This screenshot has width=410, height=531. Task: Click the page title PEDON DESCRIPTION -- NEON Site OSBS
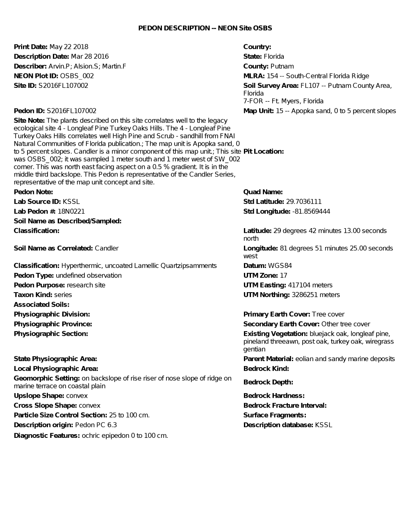tap(205, 28)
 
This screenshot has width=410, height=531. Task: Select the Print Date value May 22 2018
tap(68, 47)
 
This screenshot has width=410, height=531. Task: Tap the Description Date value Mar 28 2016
tap(90, 57)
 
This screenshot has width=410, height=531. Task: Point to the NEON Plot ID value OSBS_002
tap(77, 76)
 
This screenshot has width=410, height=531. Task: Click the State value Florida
tap(274, 57)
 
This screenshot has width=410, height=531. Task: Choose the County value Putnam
tap(282, 66)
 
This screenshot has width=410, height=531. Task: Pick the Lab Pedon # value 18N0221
tap(71, 211)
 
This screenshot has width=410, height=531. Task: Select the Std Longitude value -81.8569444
tap(311, 211)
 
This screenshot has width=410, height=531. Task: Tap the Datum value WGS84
tap(280, 266)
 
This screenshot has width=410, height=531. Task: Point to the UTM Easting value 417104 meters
tap(310, 285)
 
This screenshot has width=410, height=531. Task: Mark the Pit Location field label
tap(264, 151)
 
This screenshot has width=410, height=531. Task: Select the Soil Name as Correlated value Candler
tap(107, 248)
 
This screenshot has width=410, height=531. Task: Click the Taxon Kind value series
tap(63, 295)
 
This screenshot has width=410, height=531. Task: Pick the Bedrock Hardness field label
tap(274, 396)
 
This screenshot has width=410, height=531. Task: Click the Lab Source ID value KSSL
tap(71, 201)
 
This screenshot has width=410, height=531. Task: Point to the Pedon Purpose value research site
tap(86, 285)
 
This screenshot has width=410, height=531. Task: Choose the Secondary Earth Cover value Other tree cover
tap(346, 324)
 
